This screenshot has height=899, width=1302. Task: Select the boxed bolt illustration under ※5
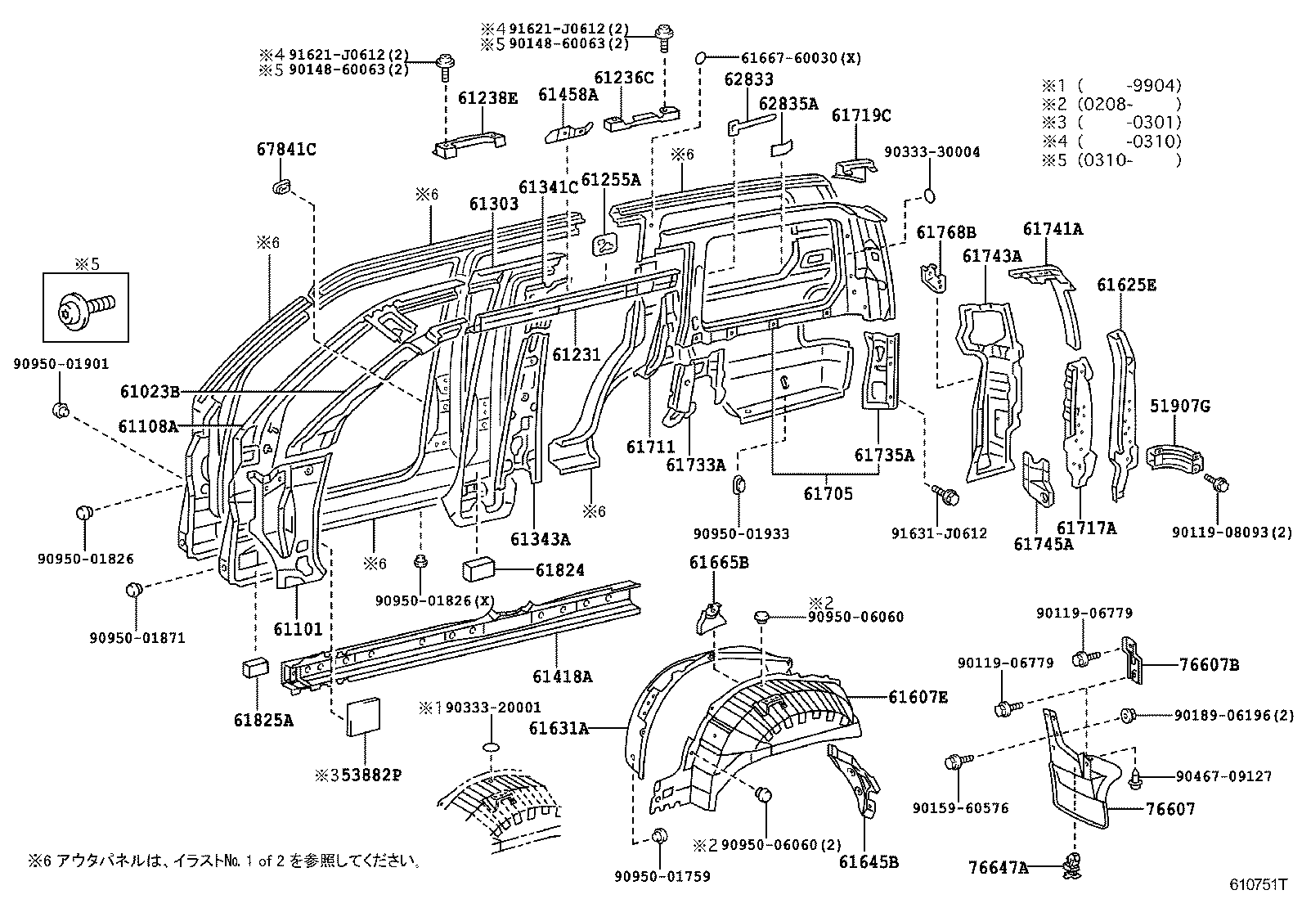[86, 308]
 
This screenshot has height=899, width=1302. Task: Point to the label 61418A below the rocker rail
[562, 676]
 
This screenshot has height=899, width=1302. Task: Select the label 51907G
[1180, 406]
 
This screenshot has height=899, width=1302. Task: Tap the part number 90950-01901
[60, 364]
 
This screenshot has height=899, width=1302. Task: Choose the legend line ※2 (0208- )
[1111, 103]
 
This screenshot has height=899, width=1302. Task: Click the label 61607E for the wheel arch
[918, 697]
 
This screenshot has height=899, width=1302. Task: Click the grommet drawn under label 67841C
[281, 187]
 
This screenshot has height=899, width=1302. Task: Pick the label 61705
[828, 493]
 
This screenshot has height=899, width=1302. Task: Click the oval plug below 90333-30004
[930, 196]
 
